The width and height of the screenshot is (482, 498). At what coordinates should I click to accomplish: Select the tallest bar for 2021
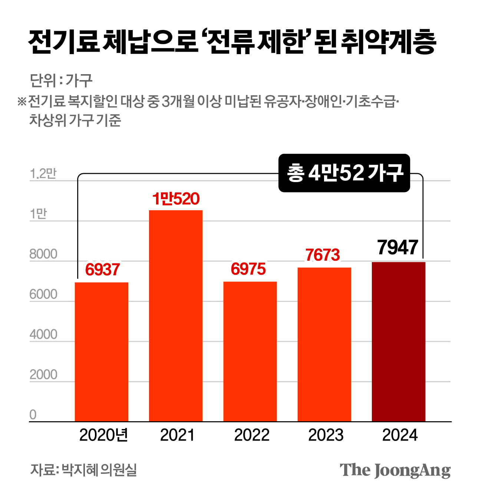coord(176,316)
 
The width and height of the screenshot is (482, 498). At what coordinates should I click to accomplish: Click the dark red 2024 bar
coord(399,342)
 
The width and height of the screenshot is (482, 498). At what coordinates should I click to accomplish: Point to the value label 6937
coord(102,270)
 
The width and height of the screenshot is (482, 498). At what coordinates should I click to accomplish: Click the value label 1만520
coord(176,199)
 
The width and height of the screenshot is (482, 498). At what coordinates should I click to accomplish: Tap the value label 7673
coord(323,255)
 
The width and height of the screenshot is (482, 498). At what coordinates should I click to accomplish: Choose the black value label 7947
coord(398,247)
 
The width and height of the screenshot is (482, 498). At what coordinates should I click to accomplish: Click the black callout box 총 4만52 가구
coord(344,173)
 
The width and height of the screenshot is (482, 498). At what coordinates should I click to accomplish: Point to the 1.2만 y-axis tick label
coord(43,174)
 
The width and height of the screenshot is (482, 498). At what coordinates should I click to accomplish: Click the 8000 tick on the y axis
coord(43,254)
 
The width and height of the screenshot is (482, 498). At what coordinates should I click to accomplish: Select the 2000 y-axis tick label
coord(43,375)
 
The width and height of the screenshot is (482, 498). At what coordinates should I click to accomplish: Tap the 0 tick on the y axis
coord(33,415)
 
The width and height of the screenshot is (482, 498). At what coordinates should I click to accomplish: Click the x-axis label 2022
coord(252,435)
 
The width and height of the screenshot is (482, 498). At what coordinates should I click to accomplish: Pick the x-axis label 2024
coord(400,435)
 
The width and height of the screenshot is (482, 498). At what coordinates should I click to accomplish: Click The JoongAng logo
coord(395,470)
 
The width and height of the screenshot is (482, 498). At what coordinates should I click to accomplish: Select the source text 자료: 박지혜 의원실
coord(84,470)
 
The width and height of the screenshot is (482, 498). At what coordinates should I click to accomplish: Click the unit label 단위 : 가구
coord(61,80)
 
